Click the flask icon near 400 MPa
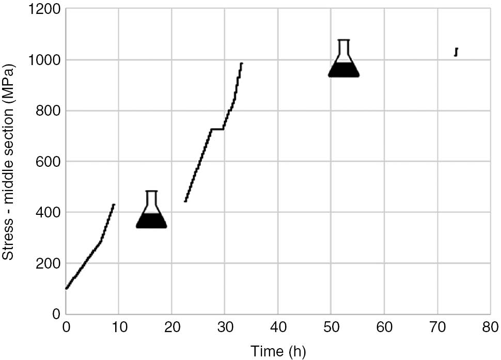[151, 211]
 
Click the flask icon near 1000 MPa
[343, 60]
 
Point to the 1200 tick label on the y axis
[44, 10]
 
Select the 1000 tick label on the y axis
[44, 60]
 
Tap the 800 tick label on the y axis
[47, 111]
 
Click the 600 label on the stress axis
[47, 162]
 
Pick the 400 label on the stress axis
[47, 212]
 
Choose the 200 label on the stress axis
[47, 263]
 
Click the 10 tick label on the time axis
[119, 327]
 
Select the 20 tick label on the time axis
[172, 327]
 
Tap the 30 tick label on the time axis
[225, 327]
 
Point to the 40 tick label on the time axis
[278, 327]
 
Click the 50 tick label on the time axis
[331, 327]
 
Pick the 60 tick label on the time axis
[384, 327]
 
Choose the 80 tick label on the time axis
[490, 327]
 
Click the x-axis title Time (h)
[278, 351]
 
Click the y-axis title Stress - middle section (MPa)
[9, 162]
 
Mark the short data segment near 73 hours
[456, 52]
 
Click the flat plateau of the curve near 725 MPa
[217, 129]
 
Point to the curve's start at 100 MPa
[67, 288]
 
